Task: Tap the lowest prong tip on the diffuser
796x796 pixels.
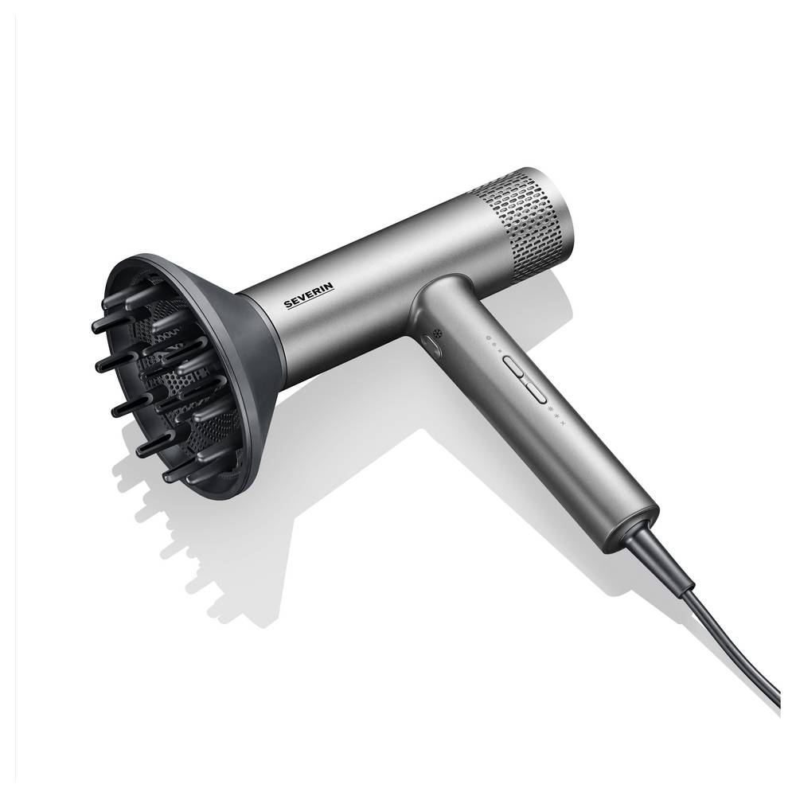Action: point(170,476)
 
